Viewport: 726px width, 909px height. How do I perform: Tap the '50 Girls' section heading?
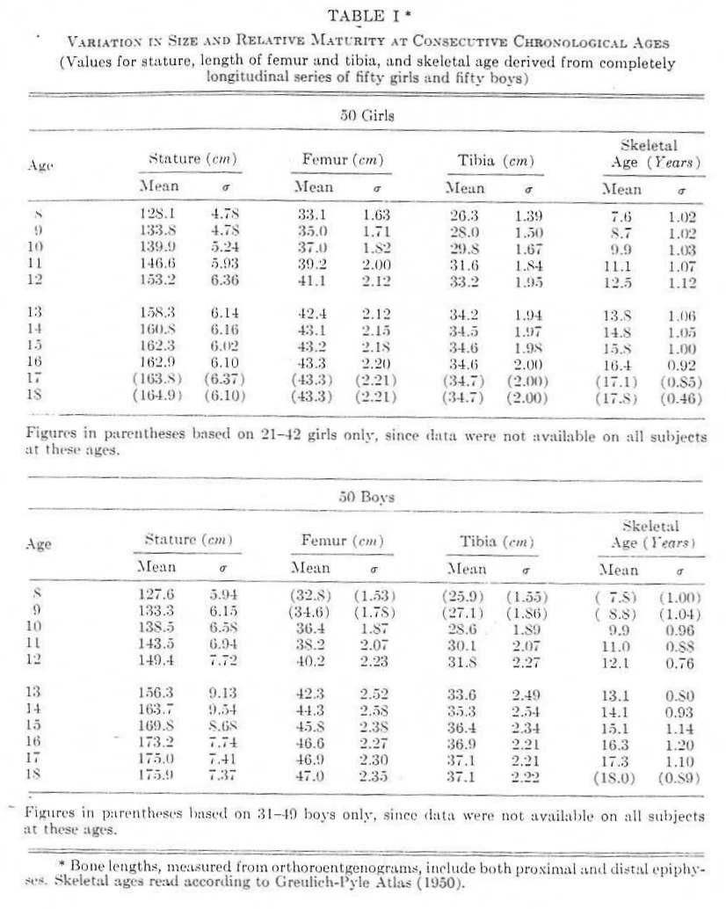[367, 114]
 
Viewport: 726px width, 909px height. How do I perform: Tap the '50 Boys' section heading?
[367, 498]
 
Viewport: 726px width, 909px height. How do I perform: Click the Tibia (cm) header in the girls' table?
[496, 161]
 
